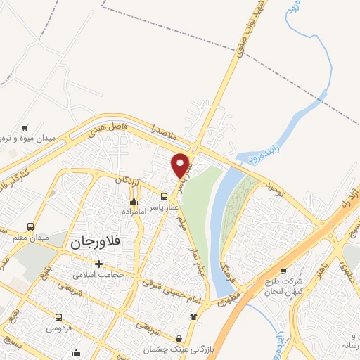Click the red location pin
coord(181,165)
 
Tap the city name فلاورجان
coord(96,242)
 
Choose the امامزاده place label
coord(133,211)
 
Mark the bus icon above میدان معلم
coord(30,227)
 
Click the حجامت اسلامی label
coord(101,274)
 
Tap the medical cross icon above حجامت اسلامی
coord(98,264)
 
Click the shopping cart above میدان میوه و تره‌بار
coord(25,128)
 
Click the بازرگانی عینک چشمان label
coord(176,349)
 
